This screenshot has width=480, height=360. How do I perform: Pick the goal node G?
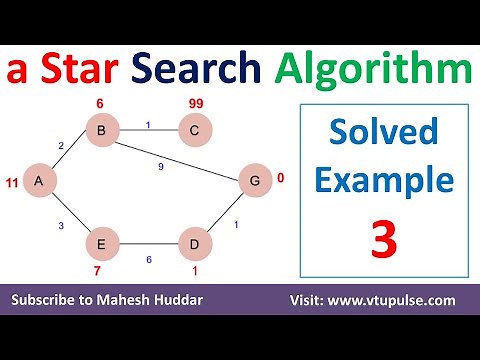[x=254, y=181]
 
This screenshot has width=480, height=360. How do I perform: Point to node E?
[x=102, y=243]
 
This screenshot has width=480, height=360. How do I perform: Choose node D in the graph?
[x=195, y=243]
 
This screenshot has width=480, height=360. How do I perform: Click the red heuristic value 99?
[x=195, y=104]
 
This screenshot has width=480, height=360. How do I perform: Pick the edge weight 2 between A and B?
[x=60, y=146]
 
